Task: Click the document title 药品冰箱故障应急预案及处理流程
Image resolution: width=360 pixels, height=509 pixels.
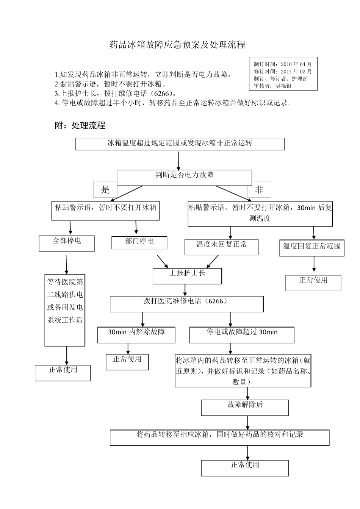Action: click(177, 45)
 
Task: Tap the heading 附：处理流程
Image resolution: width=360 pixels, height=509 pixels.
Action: click(80, 126)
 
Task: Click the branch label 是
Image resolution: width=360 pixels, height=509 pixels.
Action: click(105, 190)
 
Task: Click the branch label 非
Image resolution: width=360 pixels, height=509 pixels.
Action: click(259, 190)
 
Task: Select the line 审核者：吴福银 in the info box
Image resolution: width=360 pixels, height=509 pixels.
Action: click(273, 86)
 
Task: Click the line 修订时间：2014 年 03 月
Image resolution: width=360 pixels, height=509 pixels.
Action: click(283, 71)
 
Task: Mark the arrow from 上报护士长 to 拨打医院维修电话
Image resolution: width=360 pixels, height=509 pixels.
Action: click(185, 290)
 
